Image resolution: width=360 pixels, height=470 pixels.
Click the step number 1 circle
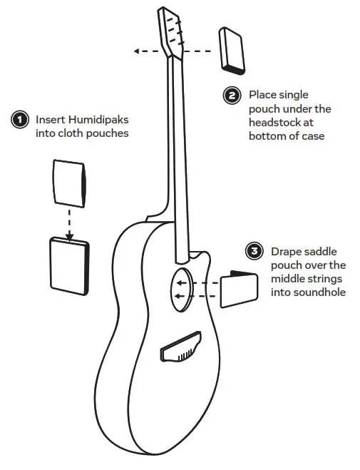[19, 119]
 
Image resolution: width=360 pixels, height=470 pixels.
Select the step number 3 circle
[253, 251]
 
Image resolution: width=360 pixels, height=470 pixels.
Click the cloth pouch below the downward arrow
[68, 266]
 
